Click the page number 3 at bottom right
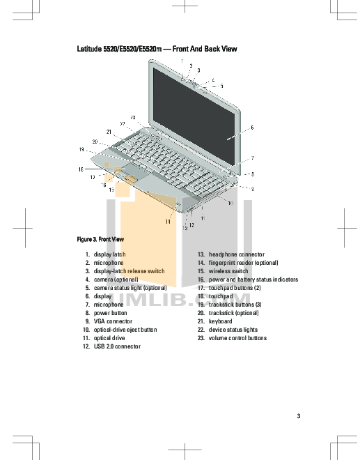[298, 417]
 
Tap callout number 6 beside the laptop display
[251, 128]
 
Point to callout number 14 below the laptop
[168, 222]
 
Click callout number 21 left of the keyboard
[109, 131]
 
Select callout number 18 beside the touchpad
[81, 169]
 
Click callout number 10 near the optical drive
[230, 204]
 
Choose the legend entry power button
[111, 313]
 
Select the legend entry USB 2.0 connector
[117, 346]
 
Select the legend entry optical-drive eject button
[125, 330]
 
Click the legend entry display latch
[110, 254]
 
